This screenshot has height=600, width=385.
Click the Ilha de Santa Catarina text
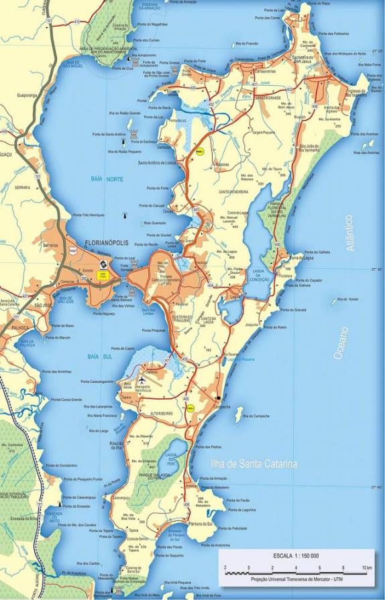pyautogui.click(x=243, y=463)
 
